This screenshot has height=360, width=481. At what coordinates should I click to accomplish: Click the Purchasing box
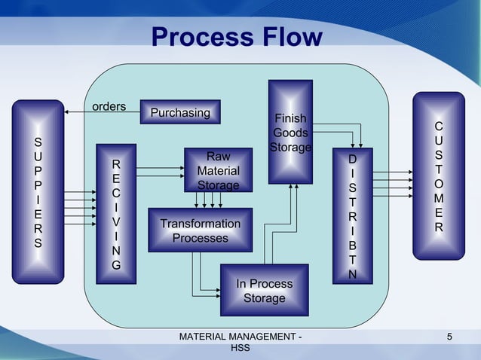coord(180,112)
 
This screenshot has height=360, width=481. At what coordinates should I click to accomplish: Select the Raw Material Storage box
coord(218,170)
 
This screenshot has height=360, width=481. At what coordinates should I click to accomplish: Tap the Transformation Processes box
coord(200,230)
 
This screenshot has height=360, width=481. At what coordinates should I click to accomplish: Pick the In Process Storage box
coord(264,290)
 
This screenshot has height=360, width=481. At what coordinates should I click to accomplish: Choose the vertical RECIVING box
coord(115,213)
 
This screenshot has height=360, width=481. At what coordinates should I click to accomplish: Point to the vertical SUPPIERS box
coord(38,192)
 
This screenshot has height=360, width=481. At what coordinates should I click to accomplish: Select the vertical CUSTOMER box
coord(439,177)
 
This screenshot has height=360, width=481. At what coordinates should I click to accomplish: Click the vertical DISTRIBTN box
coord(352,216)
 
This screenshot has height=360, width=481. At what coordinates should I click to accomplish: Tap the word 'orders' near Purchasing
coord(109,106)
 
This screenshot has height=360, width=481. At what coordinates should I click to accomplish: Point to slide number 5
coord(449,336)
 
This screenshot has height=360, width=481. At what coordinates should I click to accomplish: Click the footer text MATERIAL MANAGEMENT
coord(240,336)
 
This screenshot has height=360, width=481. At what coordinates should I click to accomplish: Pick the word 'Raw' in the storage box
coord(218,157)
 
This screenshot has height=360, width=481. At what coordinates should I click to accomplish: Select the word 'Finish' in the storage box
coord(290,119)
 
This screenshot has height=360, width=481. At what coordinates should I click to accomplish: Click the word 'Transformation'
coord(200,224)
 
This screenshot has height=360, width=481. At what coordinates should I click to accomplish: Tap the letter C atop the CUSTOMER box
coord(439,127)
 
